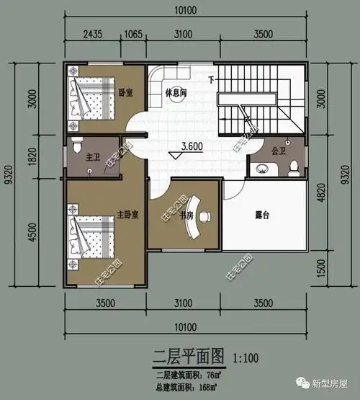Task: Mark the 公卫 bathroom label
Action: click(x=279, y=152)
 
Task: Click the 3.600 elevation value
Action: click(x=192, y=146)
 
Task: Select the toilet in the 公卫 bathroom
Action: click(x=293, y=167)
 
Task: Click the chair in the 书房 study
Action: click(x=205, y=215)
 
